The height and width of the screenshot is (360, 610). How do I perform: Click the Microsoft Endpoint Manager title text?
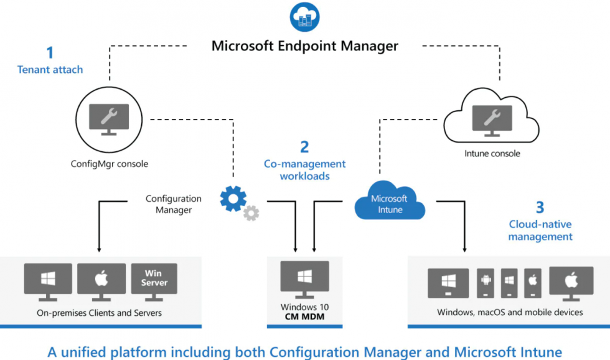305,45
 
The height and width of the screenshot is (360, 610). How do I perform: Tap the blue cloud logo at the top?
304,17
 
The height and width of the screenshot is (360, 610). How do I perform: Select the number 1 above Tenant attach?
50,52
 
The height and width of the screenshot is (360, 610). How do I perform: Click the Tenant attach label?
50,70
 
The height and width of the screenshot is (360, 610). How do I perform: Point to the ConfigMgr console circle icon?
109,119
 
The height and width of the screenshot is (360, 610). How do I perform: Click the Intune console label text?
492,153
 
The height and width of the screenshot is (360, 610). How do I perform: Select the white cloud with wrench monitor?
492,119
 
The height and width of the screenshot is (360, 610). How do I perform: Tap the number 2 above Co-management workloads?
304,147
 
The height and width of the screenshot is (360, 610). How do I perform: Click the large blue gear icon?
233,199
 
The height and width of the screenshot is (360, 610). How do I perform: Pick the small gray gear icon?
251,214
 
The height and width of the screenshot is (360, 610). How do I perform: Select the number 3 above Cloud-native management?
540,207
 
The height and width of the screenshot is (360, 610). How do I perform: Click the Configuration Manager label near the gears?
174,204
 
